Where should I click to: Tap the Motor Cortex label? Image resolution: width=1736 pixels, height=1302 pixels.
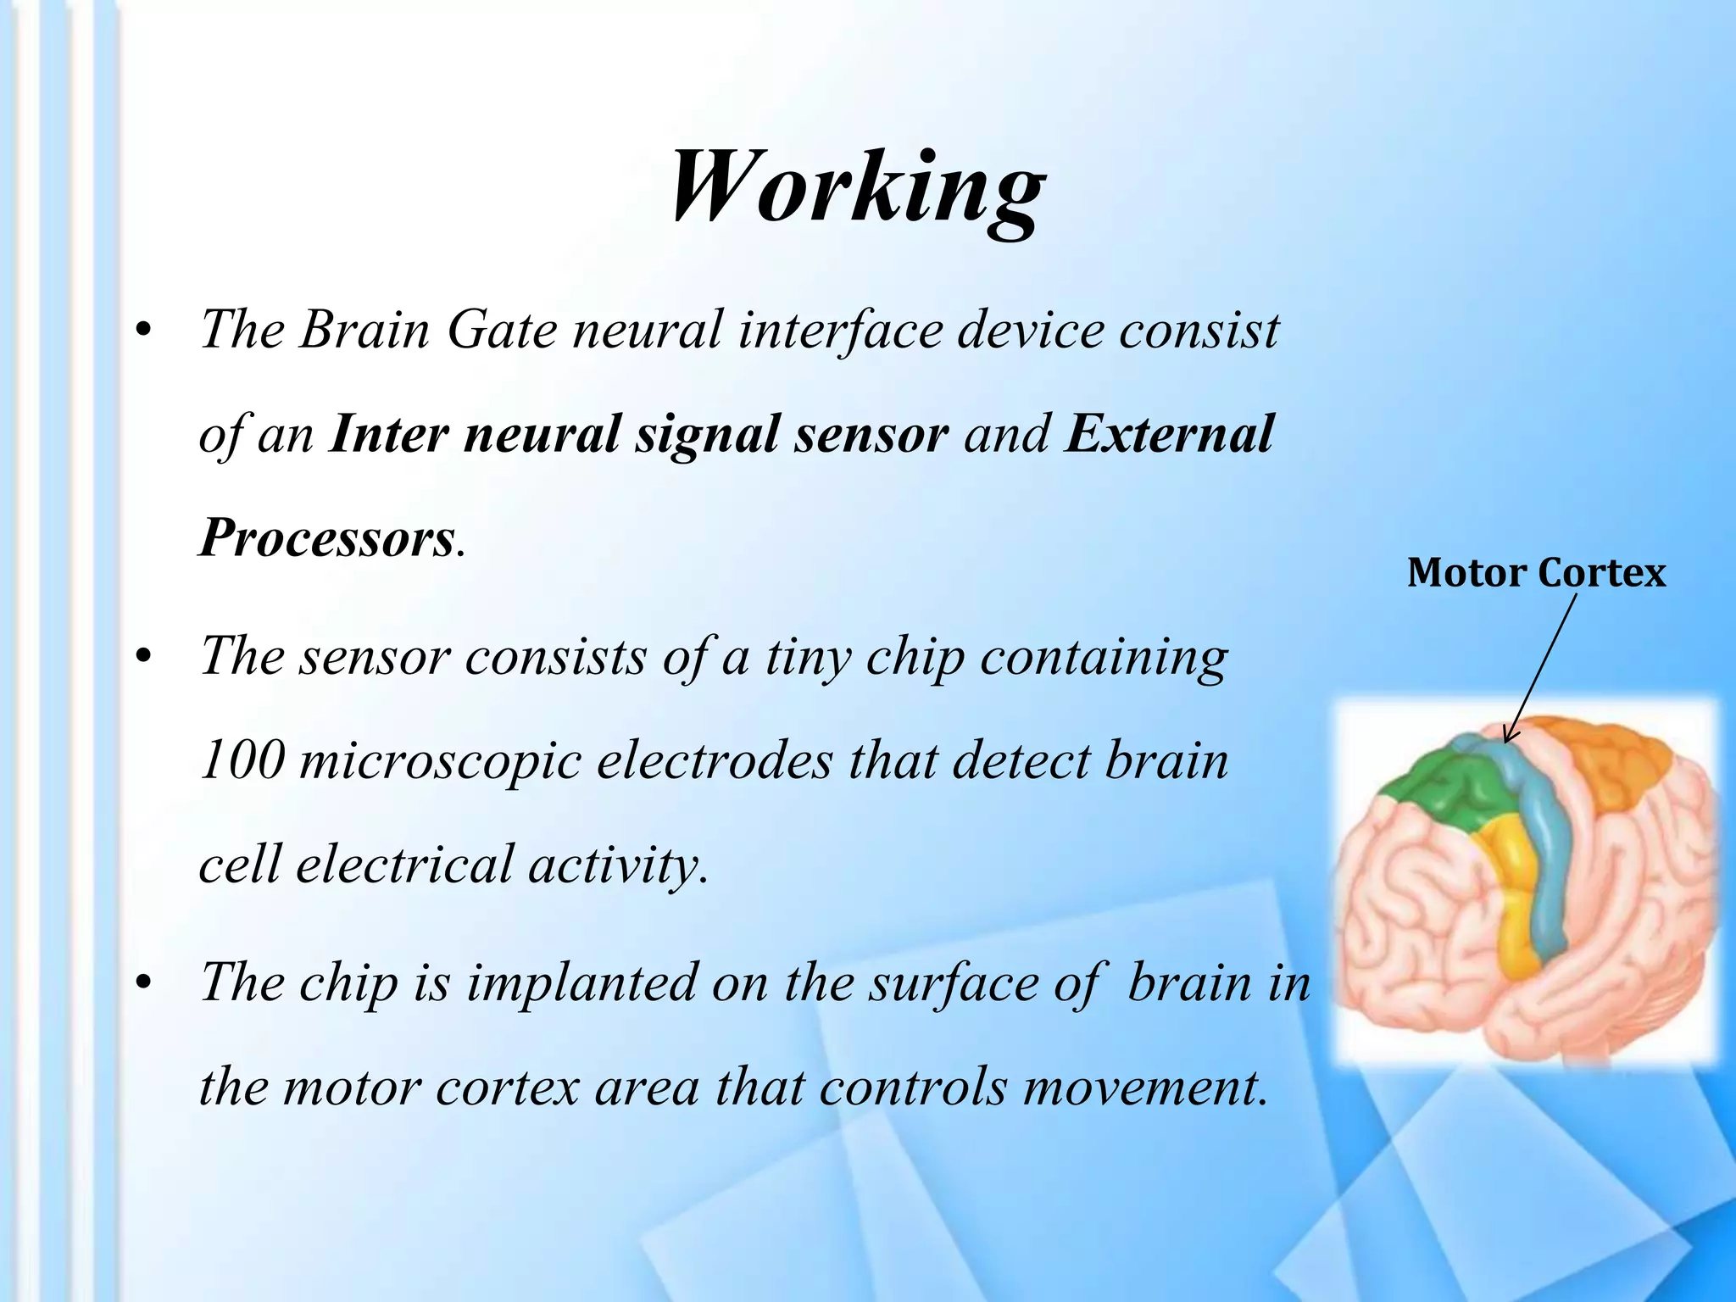pos(1536,574)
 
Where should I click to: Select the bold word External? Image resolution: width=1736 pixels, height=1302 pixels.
pos(1169,434)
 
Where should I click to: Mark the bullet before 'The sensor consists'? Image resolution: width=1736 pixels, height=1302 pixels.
pos(145,657)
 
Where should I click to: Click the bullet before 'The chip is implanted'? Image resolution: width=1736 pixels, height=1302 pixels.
pos(145,983)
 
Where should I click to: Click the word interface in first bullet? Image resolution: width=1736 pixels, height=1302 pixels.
pos(839,330)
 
